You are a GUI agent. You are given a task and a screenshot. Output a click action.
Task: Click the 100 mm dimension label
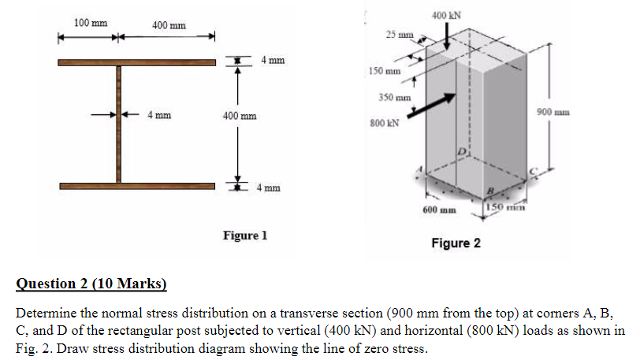(x=91, y=23)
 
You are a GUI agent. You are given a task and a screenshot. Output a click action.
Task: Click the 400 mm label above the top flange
(x=169, y=25)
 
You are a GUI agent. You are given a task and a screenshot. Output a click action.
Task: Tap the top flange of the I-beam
(x=136, y=62)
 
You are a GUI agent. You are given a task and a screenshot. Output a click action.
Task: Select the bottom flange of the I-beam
(x=137, y=187)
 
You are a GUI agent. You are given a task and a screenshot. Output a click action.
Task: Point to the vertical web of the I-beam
(x=119, y=124)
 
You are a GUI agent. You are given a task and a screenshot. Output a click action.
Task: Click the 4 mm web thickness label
(x=159, y=115)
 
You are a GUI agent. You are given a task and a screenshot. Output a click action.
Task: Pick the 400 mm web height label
(x=240, y=116)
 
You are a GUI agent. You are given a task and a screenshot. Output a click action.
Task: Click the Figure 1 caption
(x=245, y=236)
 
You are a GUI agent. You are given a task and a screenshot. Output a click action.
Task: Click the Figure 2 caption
(x=456, y=243)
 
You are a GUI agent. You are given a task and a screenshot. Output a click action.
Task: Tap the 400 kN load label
(x=447, y=16)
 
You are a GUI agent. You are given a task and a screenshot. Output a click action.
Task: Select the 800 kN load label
(x=384, y=123)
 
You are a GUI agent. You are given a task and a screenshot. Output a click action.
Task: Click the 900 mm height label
(x=553, y=112)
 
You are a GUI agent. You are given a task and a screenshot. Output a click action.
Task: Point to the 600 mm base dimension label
(x=439, y=210)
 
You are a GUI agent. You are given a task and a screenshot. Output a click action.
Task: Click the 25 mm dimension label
(x=400, y=35)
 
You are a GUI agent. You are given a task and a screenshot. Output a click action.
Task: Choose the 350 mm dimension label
(x=395, y=98)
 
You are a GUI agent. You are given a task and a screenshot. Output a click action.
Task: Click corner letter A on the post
(x=419, y=169)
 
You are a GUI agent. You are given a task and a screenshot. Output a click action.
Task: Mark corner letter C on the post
(x=533, y=172)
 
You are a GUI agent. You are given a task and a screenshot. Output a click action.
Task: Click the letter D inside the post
(x=461, y=152)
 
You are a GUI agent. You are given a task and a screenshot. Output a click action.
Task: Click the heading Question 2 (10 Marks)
(x=91, y=284)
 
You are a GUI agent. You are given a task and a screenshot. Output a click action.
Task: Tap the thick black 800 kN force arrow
(x=431, y=106)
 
